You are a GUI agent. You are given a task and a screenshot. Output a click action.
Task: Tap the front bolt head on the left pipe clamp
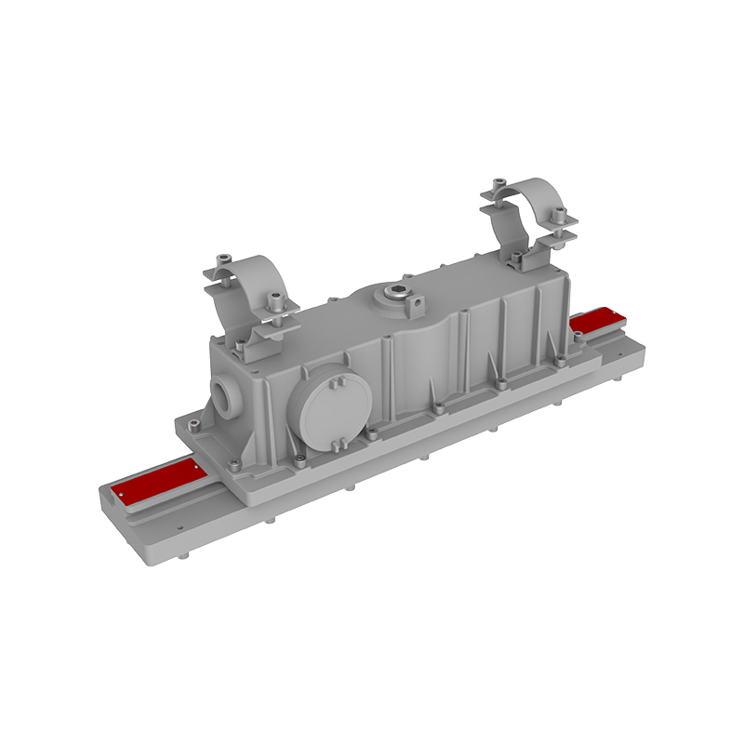pyautogui.click(x=276, y=300)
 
